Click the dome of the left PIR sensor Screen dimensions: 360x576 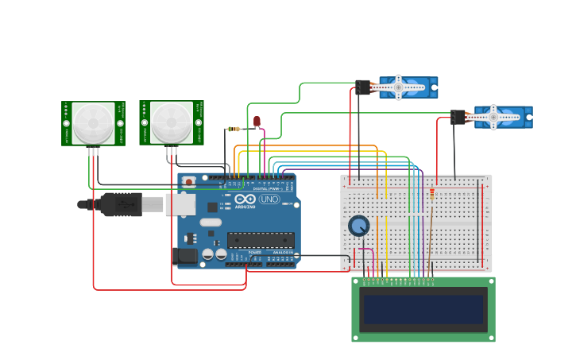pos(94,122)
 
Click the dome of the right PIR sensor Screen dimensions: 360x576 pos(172,121)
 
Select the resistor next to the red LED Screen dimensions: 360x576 pos(234,129)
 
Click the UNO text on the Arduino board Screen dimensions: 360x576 pos(269,199)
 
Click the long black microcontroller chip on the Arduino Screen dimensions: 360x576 pos(261,239)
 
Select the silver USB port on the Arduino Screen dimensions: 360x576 pos(180,204)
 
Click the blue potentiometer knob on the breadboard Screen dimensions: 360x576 pos(359,226)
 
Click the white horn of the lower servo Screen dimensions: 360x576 pos(493,117)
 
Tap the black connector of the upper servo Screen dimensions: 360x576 pos(363,87)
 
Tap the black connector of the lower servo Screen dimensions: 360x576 pos(458,117)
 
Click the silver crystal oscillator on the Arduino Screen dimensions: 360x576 pos(210,222)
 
